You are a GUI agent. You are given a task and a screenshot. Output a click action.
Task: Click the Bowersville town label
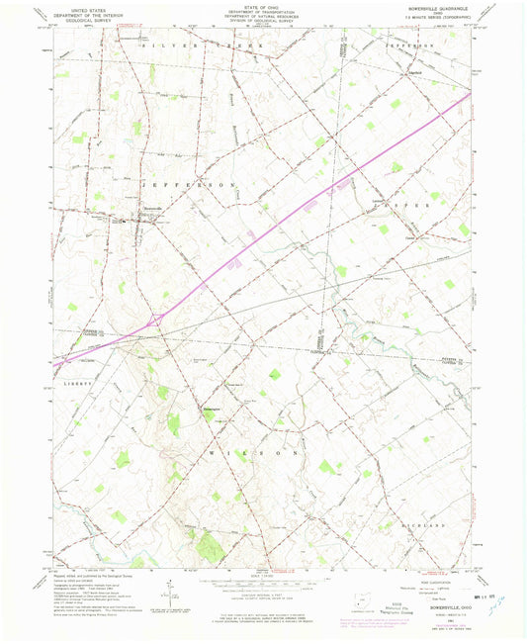click(x=146, y=207)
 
